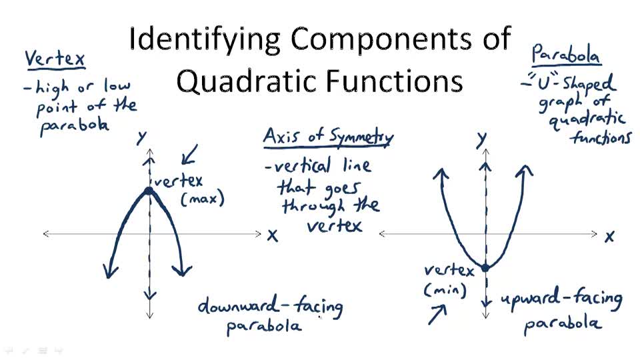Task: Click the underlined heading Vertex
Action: tap(55, 59)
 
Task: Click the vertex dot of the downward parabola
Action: tap(149, 191)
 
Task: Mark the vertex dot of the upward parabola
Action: tap(485, 267)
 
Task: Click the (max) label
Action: tap(203, 199)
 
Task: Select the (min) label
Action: tap(445, 290)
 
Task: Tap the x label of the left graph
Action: tap(272, 235)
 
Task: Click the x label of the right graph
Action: tap(609, 236)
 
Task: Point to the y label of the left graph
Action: tap(141, 137)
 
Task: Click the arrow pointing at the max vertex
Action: tap(189, 156)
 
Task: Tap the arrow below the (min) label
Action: tap(437, 314)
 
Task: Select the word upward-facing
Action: tap(561, 299)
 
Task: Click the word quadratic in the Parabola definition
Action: tap(587, 120)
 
